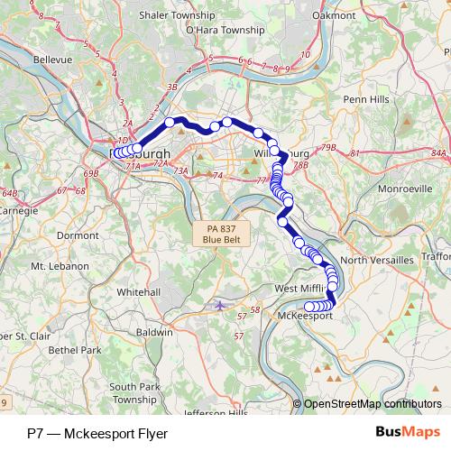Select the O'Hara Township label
(x=224, y=30)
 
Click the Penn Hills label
(x=364, y=98)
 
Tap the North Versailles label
(x=376, y=260)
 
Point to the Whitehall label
(x=138, y=292)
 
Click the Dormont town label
(x=78, y=235)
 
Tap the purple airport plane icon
(x=221, y=305)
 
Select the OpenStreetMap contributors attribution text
(x=373, y=404)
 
